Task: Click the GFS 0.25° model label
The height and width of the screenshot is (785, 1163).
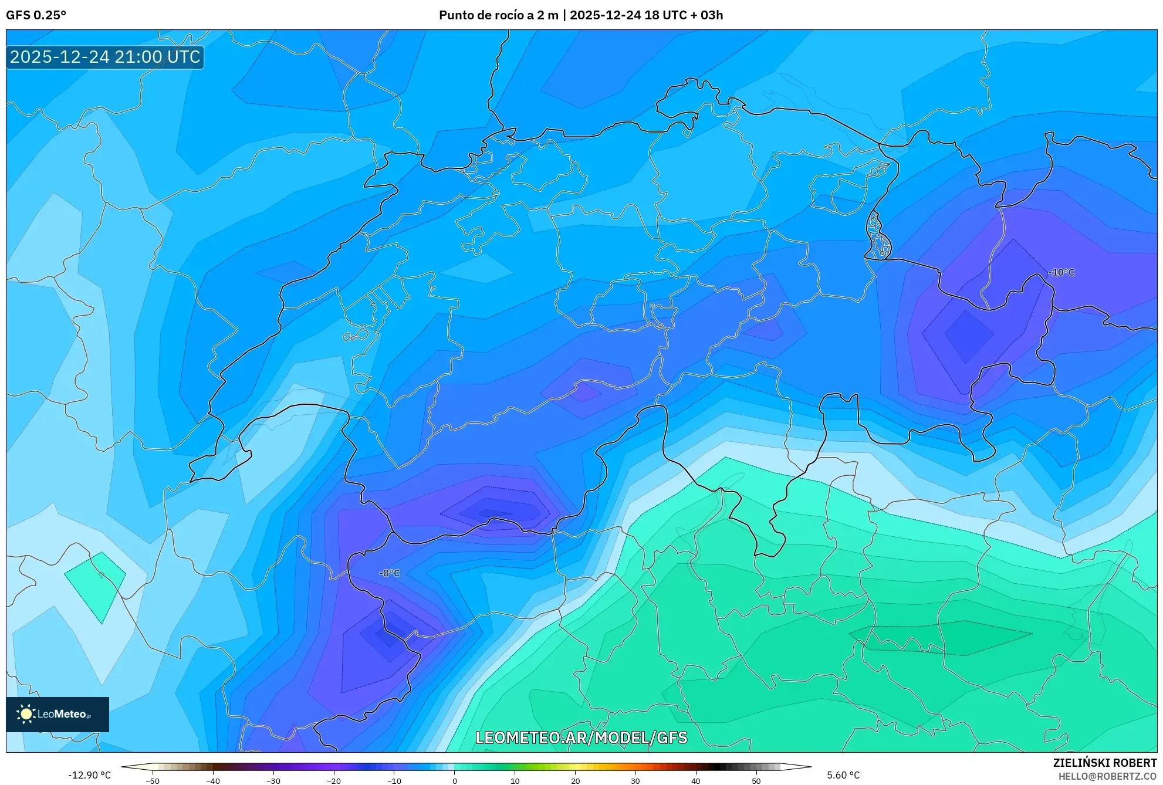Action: [x=36, y=15]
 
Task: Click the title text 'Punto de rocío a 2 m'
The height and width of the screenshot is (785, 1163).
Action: [x=498, y=15]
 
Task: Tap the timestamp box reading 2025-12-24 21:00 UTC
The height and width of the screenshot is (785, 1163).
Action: [x=105, y=57]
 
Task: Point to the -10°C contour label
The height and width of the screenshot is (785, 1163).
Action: [x=1061, y=273]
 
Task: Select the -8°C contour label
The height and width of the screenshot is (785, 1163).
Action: [x=390, y=573]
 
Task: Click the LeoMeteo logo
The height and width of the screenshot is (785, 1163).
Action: [x=58, y=714]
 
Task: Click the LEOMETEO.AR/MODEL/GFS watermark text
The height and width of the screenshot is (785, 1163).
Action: [x=581, y=737]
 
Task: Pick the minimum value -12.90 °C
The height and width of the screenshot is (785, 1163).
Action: [x=89, y=775]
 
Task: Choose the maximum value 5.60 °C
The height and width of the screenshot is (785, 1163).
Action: [x=843, y=775]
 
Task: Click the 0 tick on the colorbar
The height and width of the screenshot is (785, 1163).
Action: [x=455, y=780]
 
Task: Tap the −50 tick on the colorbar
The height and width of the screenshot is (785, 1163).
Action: [x=153, y=780]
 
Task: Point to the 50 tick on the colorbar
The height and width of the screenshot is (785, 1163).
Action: [x=756, y=780]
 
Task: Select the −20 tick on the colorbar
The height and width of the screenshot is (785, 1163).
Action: [x=333, y=780]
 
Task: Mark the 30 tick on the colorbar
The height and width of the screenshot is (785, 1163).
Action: [x=635, y=780]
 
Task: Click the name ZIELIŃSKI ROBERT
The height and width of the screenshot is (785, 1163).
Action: [x=1104, y=763]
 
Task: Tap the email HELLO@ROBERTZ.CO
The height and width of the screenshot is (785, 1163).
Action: [x=1107, y=776]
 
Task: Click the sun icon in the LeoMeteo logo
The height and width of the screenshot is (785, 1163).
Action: [x=26, y=714]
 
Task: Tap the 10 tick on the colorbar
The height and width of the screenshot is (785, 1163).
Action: [x=515, y=780]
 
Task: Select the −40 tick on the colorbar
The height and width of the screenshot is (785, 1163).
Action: [x=213, y=780]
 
